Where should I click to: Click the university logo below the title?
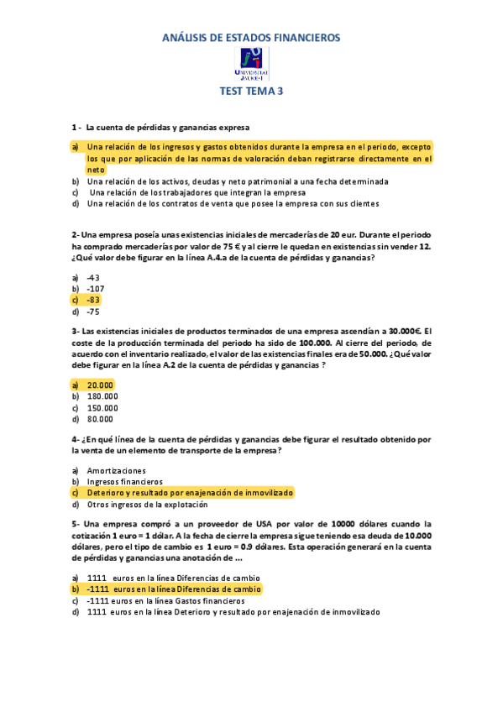click(x=251, y=64)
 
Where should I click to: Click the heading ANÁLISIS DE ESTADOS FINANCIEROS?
click(x=251, y=38)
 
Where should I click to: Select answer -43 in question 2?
click(x=93, y=277)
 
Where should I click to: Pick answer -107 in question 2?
click(x=96, y=288)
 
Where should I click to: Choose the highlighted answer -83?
click(x=93, y=300)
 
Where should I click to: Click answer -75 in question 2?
click(x=93, y=311)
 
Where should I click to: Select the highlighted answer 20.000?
click(x=100, y=385)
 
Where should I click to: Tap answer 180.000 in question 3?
click(x=102, y=395)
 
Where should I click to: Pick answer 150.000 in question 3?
click(x=102, y=407)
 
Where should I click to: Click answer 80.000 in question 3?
click(x=100, y=418)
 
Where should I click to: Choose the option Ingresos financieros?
click(x=125, y=482)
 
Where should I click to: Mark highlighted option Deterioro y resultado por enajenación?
click(x=190, y=493)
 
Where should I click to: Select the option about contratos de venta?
click(x=233, y=203)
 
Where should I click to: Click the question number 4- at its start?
click(x=76, y=439)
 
